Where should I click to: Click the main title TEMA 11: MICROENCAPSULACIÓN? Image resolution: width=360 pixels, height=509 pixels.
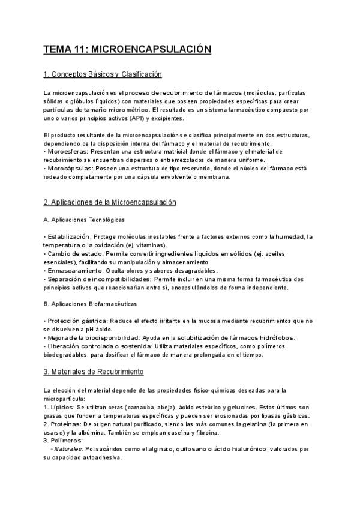coord(127,49)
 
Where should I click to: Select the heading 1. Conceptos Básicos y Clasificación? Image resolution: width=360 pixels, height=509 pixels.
coord(103,74)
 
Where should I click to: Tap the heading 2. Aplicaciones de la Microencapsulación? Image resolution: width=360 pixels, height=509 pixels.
coord(110,203)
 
